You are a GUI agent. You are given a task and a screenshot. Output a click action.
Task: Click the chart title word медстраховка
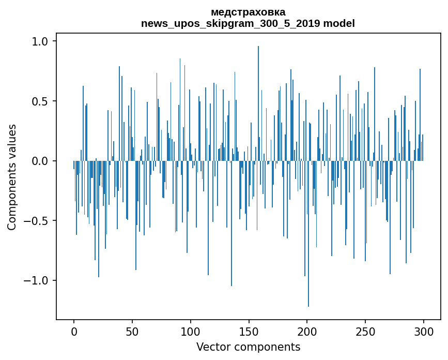(x=248, y=12)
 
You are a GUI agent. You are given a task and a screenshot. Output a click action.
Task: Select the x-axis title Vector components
(x=248, y=347)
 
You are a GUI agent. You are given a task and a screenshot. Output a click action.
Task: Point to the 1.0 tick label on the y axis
(x=41, y=41)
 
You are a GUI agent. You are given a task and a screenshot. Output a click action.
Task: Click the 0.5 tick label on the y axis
(x=41, y=101)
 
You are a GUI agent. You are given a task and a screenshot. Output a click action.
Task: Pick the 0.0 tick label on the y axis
(x=41, y=161)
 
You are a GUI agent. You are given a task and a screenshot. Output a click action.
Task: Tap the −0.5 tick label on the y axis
(x=37, y=221)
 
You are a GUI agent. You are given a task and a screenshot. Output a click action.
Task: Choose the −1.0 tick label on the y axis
(x=37, y=281)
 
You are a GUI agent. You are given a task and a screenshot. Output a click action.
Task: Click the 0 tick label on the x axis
(x=74, y=331)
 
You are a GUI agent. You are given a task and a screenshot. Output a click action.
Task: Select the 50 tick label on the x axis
(x=132, y=331)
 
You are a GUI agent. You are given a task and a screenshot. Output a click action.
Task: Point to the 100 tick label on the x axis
(x=191, y=331)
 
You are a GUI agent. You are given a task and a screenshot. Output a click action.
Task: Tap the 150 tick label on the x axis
(x=249, y=331)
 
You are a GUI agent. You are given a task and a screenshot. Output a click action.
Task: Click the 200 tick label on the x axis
(x=307, y=331)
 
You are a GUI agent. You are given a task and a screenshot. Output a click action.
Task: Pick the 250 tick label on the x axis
(x=365, y=331)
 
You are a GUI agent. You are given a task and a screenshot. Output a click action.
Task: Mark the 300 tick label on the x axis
(x=424, y=331)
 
